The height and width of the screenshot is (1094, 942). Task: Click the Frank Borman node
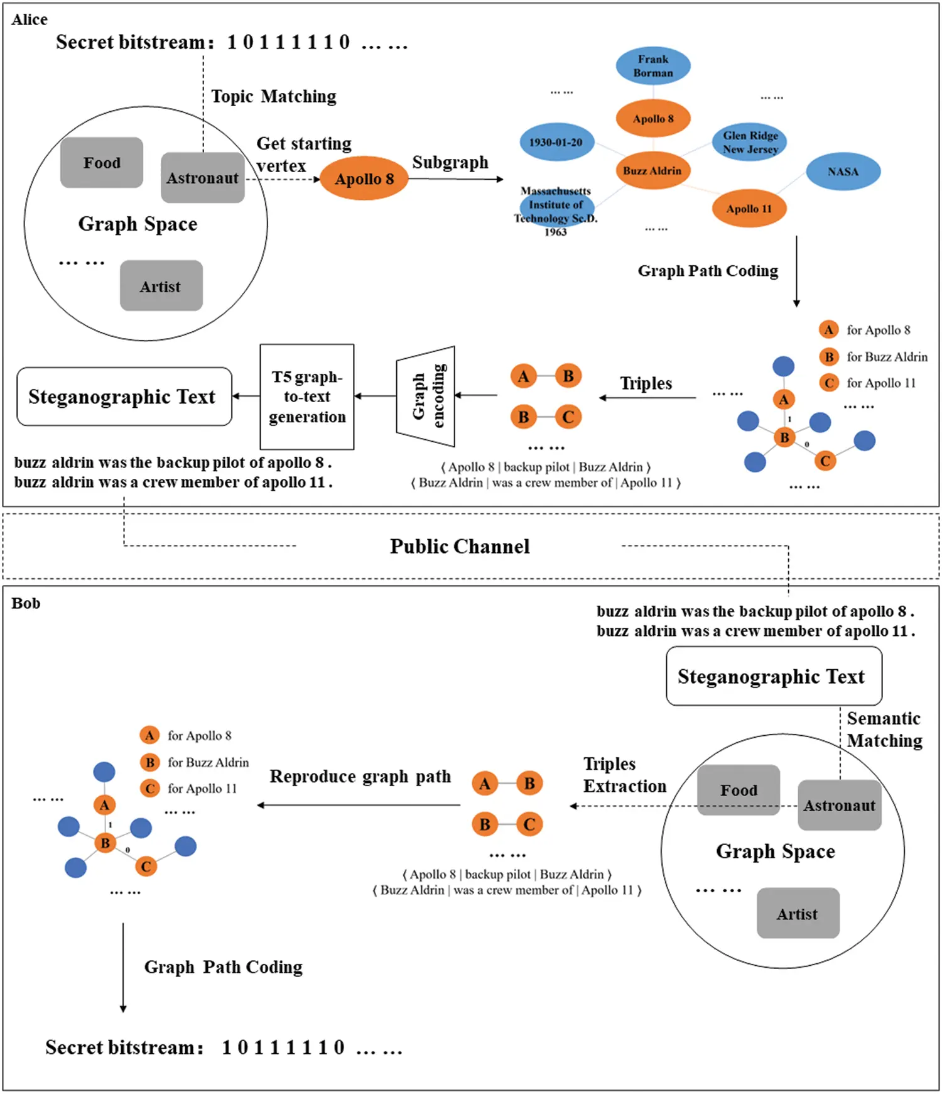[653, 66]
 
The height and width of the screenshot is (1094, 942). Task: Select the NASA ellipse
[843, 172]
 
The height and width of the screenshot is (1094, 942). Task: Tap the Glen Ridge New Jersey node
[750, 143]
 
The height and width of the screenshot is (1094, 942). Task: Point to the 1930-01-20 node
[556, 142]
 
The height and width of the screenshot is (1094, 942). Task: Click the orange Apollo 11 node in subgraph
[749, 209]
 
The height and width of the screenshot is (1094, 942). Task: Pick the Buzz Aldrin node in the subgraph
[652, 170]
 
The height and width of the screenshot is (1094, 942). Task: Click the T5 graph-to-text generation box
[307, 397]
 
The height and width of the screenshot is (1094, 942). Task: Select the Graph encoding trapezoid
[426, 396]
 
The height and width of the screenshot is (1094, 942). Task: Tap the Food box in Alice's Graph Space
[102, 163]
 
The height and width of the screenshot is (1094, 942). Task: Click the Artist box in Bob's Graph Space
[798, 914]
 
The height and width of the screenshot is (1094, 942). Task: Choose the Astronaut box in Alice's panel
[202, 178]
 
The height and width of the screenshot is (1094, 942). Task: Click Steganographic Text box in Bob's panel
[773, 676]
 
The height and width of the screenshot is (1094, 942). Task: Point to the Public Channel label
[460, 546]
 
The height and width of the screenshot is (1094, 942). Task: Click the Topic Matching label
[274, 96]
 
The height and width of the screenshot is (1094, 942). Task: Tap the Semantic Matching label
[884, 730]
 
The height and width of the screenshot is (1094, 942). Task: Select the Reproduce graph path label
[360, 777]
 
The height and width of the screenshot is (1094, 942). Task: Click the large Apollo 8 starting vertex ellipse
[364, 179]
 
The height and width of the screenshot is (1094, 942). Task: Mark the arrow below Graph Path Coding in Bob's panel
[123, 968]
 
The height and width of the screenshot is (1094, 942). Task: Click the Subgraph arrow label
[450, 162]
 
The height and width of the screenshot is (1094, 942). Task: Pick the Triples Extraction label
[624, 775]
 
